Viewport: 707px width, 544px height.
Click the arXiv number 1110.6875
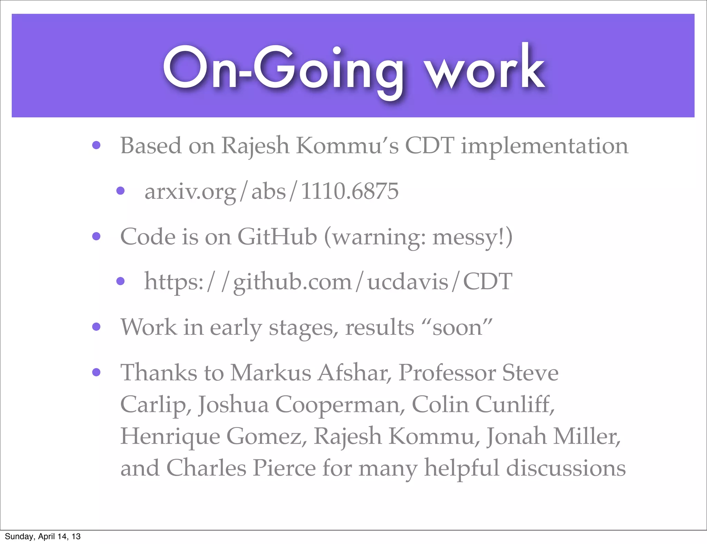[x=350, y=191]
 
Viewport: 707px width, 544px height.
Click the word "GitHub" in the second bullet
[x=277, y=237]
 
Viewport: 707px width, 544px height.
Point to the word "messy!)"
[x=472, y=237]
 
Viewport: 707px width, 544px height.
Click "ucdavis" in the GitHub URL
[x=407, y=282]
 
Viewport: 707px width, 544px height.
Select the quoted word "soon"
[x=457, y=327]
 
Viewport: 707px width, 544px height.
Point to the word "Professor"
[x=447, y=373]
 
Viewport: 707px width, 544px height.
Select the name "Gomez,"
[x=267, y=436]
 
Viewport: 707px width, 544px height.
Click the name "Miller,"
[x=587, y=436]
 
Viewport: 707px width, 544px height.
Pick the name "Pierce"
[x=284, y=468]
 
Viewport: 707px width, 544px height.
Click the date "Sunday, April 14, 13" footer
[x=42, y=536]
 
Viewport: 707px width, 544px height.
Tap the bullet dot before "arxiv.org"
[x=120, y=191]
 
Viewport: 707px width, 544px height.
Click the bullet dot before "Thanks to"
[x=96, y=372]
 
